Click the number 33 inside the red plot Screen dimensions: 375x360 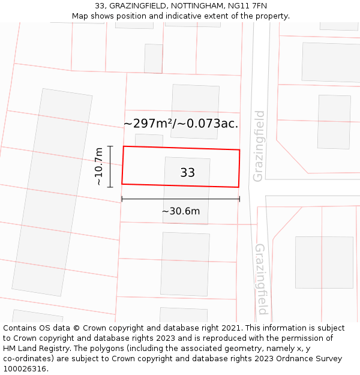click(x=187, y=173)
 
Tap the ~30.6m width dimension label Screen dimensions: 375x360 click(x=181, y=211)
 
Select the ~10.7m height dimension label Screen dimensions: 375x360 click(x=99, y=167)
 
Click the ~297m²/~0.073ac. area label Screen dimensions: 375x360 click(x=181, y=124)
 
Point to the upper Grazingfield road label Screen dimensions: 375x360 click(x=259, y=146)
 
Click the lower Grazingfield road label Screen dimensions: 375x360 click(x=262, y=279)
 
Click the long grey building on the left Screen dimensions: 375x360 click(x=52, y=192)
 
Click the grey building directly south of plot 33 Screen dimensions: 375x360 click(x=185, y=264)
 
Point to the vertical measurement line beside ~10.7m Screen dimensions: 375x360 click(x=110, y=167)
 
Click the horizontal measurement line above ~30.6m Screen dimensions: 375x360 click(x=181, y=199)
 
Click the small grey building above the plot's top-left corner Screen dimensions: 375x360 click(x=149, y=140)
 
